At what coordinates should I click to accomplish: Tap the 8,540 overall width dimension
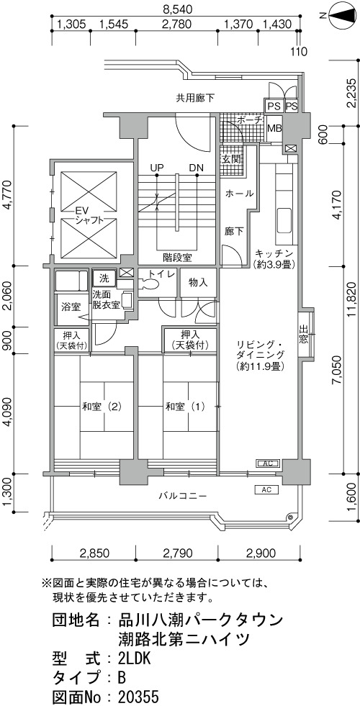click(176, 8)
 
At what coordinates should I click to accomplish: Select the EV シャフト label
click(84, 215)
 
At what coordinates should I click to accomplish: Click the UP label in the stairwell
click(156, 168)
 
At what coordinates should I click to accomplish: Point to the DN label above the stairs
click(196, 168)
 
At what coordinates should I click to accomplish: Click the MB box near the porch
click(274, 128)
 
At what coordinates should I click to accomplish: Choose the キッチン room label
click(274, 253)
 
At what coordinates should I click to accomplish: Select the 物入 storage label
click(198, 282)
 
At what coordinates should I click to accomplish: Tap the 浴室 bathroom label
click(71, 307)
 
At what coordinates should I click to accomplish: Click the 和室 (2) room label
click(102, 407)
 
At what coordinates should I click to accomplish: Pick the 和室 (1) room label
click(185, 407)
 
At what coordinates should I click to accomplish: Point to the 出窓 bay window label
click(304, 334)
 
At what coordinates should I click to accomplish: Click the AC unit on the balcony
click(266, 489)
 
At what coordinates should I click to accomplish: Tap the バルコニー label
click(183, 496)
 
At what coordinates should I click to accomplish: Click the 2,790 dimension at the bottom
click(177, 552)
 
